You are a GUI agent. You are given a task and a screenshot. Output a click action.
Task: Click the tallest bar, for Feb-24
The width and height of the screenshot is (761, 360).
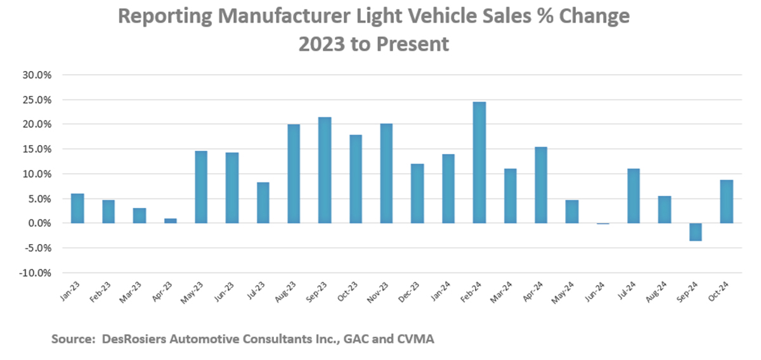479,162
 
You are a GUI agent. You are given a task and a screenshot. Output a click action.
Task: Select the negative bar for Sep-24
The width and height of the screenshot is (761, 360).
696,232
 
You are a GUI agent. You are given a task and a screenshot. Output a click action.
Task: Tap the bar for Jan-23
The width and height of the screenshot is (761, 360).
77,209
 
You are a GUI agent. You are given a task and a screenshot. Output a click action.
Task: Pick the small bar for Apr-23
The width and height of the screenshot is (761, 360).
170,221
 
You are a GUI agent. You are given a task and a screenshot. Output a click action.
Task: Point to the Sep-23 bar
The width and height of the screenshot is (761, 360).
325,170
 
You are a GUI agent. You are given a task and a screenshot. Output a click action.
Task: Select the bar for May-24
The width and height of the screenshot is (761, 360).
572,212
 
